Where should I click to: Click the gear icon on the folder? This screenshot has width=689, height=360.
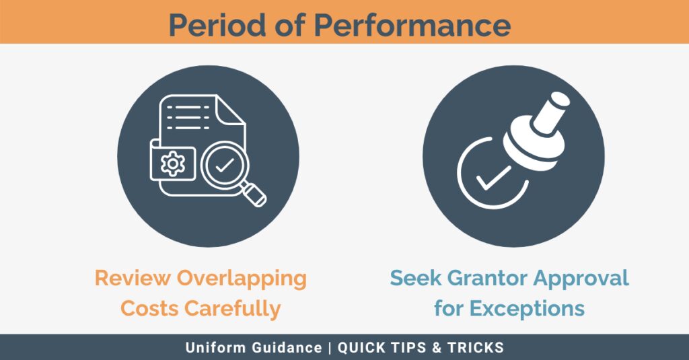tap(173, 164)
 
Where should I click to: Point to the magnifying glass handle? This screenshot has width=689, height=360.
tap(254, 194)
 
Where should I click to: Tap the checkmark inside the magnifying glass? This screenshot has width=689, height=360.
tap(225, 166)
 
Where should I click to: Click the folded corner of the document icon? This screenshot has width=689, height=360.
tap(230, 110)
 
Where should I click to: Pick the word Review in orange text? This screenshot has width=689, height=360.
tap(133, 278)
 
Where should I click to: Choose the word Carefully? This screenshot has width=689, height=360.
tap(232, 309)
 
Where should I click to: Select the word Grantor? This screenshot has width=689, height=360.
tap(486, 278)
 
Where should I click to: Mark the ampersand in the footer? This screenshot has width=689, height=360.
tap(437, 347)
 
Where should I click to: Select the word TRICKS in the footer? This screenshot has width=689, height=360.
tap(476, 347)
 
